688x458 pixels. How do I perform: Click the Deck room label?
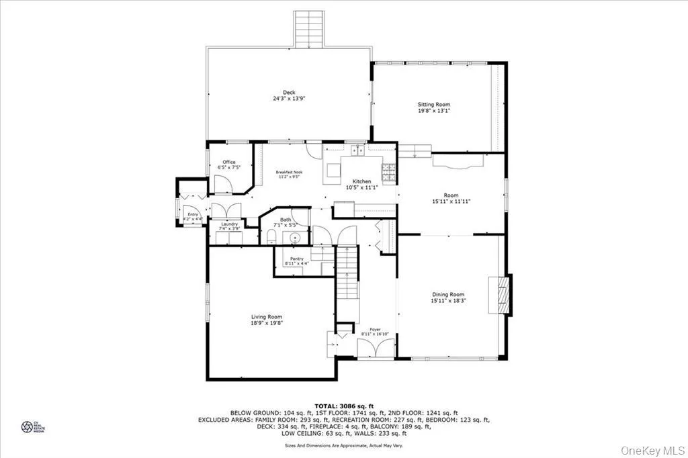pyautogui.click(x=289, y=93)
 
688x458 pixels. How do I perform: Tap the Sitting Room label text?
pyautogui.click(x=433, y=105)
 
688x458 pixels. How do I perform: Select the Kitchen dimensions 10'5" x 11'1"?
pyautogui.click(x=362, y=188)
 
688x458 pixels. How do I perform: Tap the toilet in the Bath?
pyautogui.click(x=270, y=236)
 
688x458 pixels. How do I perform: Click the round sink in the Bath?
pyautogui.click(x=294, y=238)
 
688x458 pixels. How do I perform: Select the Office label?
pyautogui.click(x=228, y=162)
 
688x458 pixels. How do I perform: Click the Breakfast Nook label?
pyautogui.click(x=289, y=172)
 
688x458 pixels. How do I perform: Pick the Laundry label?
pyautogui.click(x=230, y=224)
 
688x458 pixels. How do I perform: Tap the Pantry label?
pyautogui.click(x=296, y=259)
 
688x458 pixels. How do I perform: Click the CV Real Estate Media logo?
pyautogui.click(x=28, y=426)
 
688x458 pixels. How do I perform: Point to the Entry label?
pyautogui.click(x=193, y=214)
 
